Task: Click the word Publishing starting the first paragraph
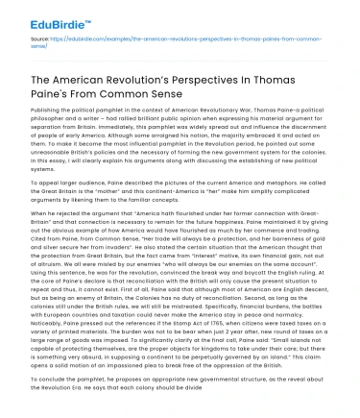pyautogui.click(x=33, y=112)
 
